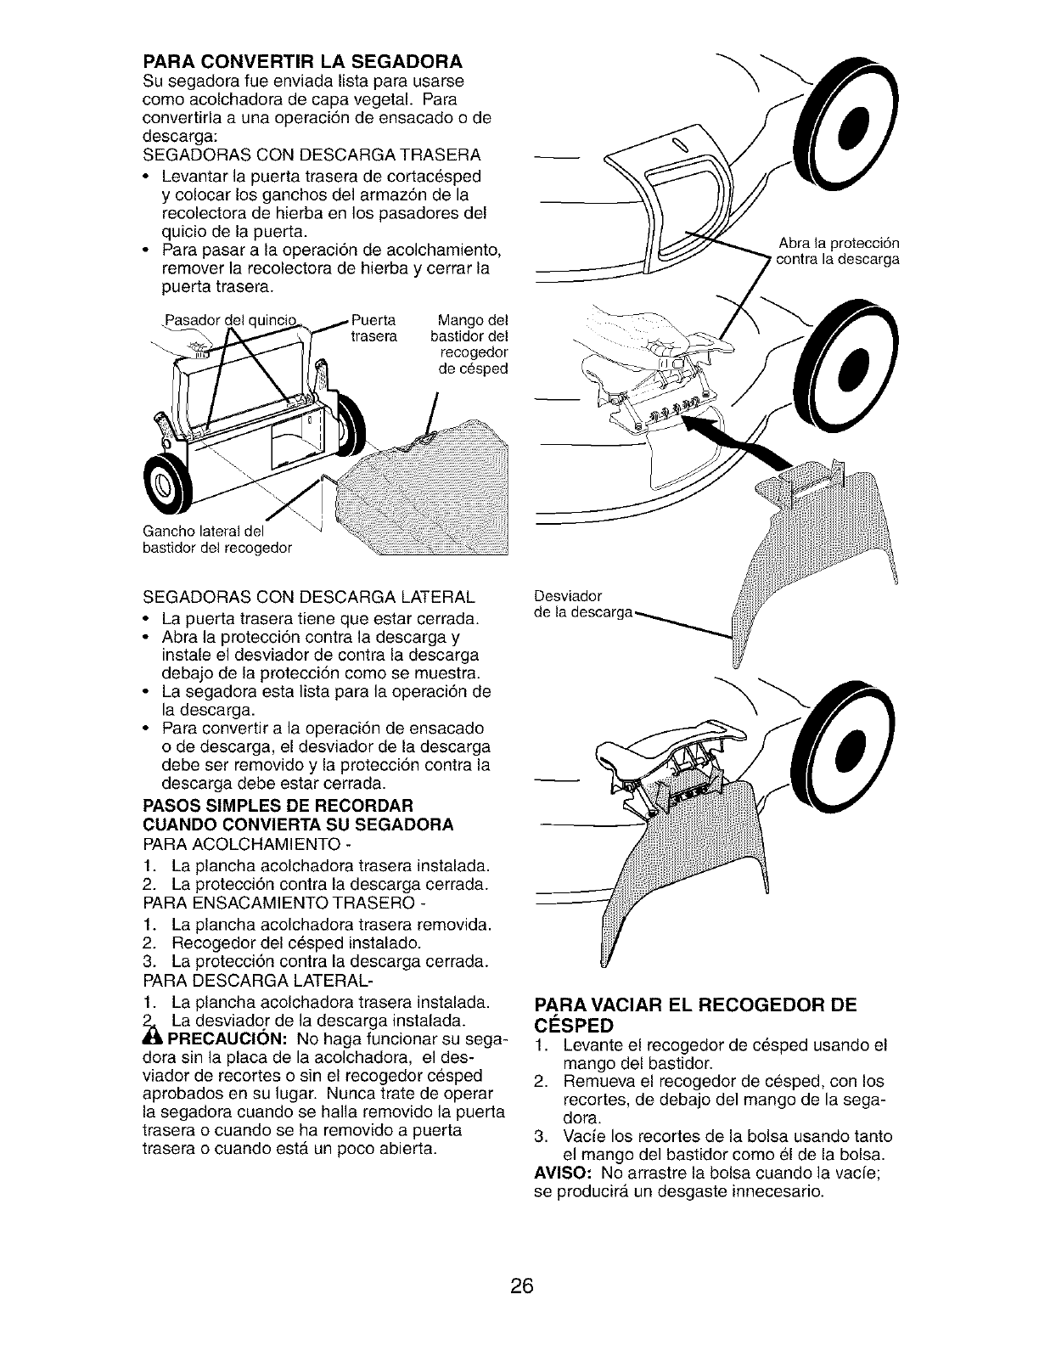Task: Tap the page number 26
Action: click(521, 1286)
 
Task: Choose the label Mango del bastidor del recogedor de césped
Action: click(470, 345)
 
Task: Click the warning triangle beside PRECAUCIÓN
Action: click(153, 1039)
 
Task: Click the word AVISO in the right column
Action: click(563, 1173)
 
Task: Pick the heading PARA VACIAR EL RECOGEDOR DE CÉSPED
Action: click(694, 1016)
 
